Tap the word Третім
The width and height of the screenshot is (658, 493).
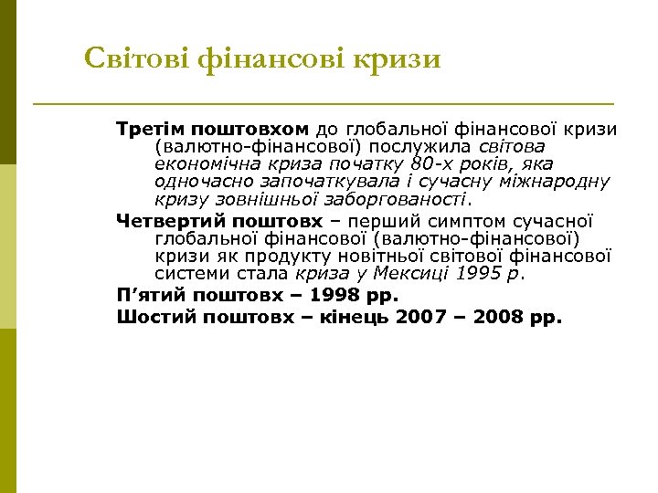tap(150, 129)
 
